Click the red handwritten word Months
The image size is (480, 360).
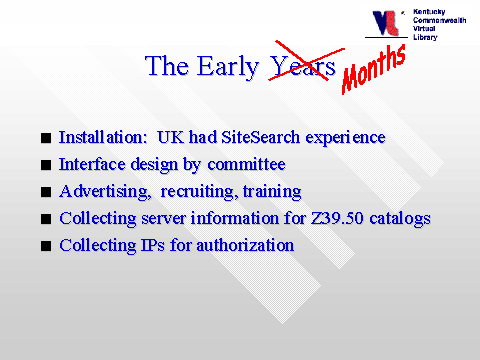374,69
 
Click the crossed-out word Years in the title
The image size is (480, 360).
303,66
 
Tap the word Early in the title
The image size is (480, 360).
228,67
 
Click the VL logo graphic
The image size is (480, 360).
386,23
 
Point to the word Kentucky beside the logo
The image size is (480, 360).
429,12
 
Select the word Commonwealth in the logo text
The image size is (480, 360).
440,20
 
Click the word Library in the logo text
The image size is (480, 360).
425,37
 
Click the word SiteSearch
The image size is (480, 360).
260,137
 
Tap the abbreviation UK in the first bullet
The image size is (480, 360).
170,137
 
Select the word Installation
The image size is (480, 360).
103,137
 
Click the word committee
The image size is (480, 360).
246,164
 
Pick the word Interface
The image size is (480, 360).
92,164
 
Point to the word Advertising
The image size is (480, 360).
105,192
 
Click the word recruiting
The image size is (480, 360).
199,192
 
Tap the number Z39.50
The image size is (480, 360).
337,218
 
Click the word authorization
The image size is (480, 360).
245,245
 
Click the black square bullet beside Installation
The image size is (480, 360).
46,138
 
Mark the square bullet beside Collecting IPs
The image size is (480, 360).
46,246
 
